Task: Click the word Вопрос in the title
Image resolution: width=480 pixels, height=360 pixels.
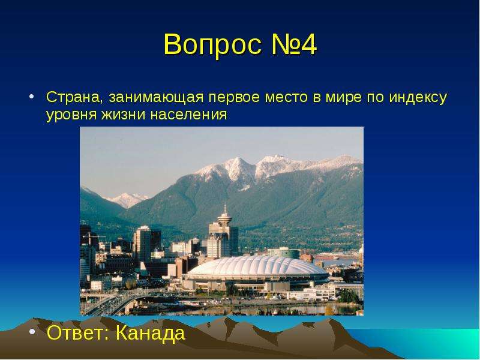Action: [213, 44]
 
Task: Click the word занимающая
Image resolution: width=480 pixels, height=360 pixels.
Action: [156, 98]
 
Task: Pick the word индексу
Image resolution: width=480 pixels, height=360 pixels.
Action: [418, 98]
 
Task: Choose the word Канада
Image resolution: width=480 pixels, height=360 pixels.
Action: [151, 334]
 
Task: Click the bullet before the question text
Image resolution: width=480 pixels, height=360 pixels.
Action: [31, 97]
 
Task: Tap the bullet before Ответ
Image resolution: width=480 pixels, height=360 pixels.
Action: [32, 332]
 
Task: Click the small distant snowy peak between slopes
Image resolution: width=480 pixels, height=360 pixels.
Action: [127, 199]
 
